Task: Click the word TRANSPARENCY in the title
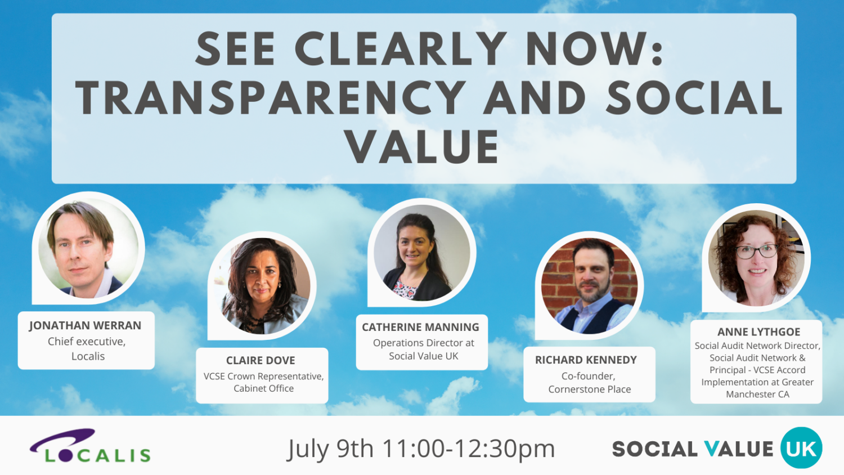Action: point(270,98)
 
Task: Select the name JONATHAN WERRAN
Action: point(86,326)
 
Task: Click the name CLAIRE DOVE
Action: point(261,360)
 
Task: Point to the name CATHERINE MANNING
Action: point(420,327)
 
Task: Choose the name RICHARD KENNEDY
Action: point(586,360)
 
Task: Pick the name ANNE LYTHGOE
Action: point(758,332)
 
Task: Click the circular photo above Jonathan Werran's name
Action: point(88,248)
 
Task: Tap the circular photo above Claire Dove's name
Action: point(263,286)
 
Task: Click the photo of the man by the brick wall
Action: point(589,286)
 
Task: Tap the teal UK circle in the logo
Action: point(801,448)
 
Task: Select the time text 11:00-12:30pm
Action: point(469,449)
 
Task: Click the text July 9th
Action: point(330,449)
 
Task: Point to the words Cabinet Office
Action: point(263,388)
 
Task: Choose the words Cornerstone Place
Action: point(589,389)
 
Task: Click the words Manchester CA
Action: point(757,395)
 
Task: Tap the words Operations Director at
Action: point(423,343)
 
